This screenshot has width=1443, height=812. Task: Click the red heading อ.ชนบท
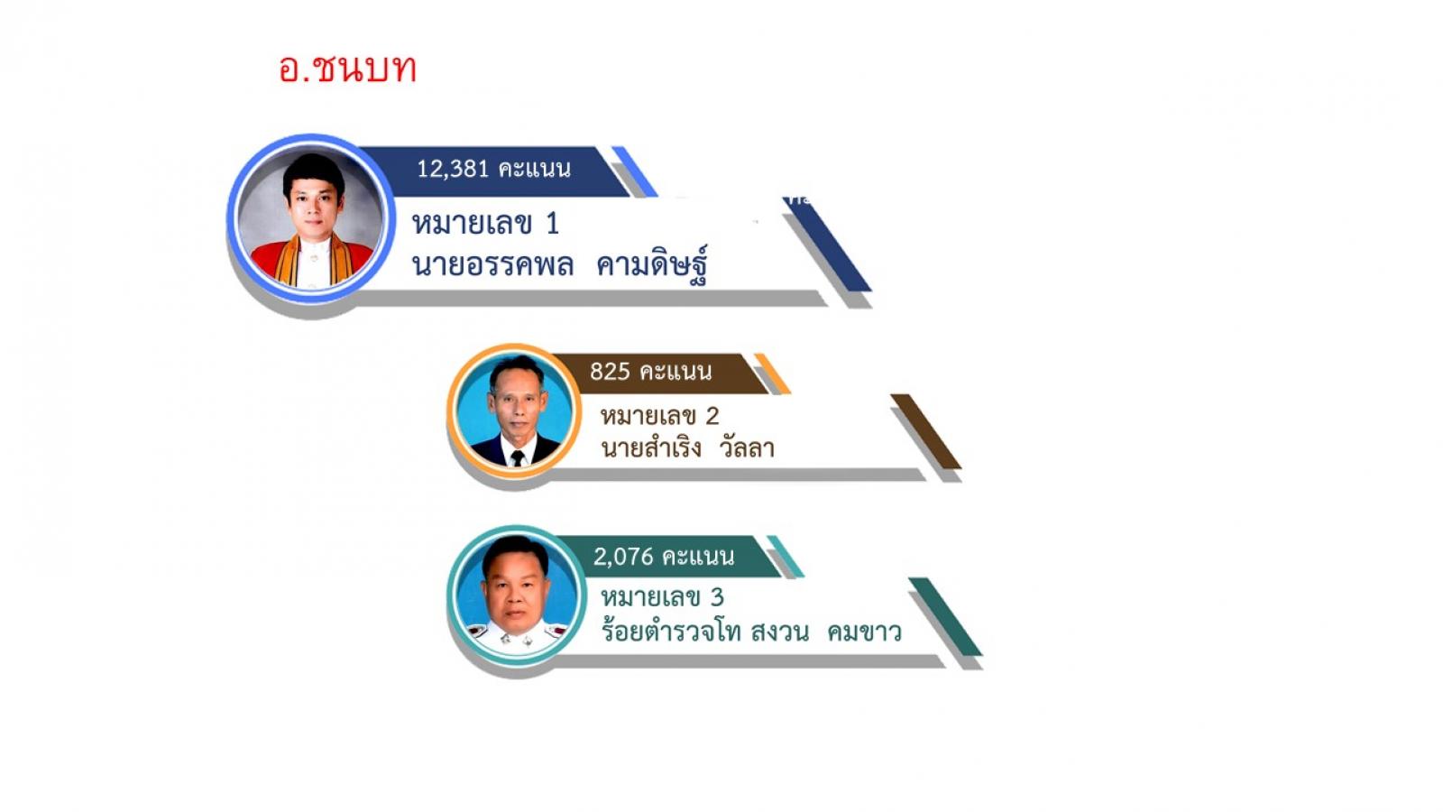pyautogui.click(x=347, y=69)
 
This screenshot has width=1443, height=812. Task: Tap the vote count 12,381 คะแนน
pyautogui.click(x=493, y=169)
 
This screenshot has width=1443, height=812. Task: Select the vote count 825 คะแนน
pyautogui.click(x=650, y=371)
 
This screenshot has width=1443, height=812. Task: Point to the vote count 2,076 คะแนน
pyautogui.click(x=664, y=556)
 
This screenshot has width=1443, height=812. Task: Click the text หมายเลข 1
pyautogui.click(x=485, y=224)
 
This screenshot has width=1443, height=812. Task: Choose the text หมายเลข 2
pyautogui.click(x=659, y=416)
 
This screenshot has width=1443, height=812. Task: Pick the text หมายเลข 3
pyautogui.click(x=662, y=597)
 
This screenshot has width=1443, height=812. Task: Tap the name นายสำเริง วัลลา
pyautogui.click(x=687, y=447)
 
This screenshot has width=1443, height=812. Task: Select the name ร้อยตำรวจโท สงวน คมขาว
pyautogui.click(x=751, y=630)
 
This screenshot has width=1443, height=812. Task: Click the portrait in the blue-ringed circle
pyautogui.click(x=311, y=219)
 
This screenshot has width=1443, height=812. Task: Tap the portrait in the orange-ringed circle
pyautogui.click(x=514, y=411)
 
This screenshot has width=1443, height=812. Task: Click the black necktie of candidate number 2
pyautogui.click(x=518, y=458)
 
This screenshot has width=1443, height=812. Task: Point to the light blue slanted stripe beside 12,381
pyautogui.click(x=635, y=171)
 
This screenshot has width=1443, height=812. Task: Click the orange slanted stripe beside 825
pyautogui.click(x=772, y=374)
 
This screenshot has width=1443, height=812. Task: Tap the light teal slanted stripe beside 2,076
pyautogui.click(x=786, y=556)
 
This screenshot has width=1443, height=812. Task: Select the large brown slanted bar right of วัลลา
pyautogui.click(x=926, y=431)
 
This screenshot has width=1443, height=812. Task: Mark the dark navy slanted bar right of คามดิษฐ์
pyautogui.click(x=827, y=245)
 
